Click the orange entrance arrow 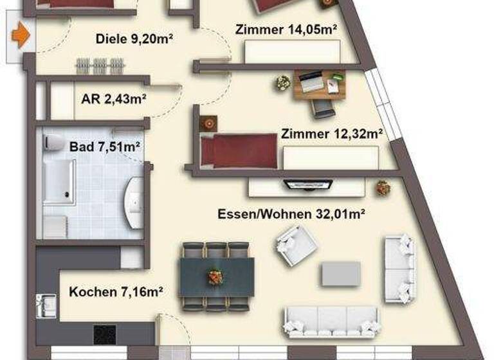pyautogui.click(x=22, y=35)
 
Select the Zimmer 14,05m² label pyautogui.click(x=287, y=29)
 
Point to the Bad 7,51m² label pyautogui.click(x=105, y=147)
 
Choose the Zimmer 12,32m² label pyautogui.click(x=333, y=134)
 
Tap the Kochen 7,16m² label pyautogui.click(x=115, y=291)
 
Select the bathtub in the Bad pyautogui.click(x=59, y=182)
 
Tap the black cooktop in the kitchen pyautogui.click(x=105, y=334)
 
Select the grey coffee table pyautogui.click(x=341, y=273)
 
